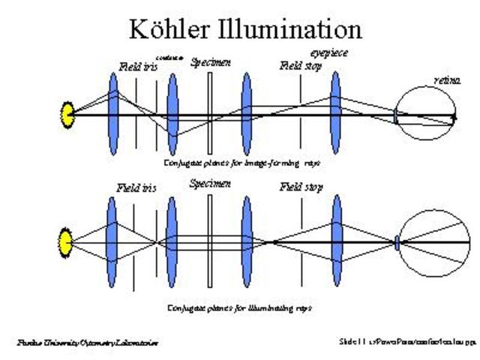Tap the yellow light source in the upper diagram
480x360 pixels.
coord(67,115)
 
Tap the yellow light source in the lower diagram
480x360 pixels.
coord(66,242)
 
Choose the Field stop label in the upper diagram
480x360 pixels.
coord(301,66)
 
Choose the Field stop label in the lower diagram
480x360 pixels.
coord(301,187)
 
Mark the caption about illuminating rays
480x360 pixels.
coord(239,307)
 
